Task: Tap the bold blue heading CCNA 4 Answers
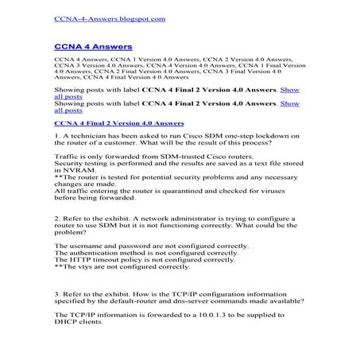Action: (x=93, y=48)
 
